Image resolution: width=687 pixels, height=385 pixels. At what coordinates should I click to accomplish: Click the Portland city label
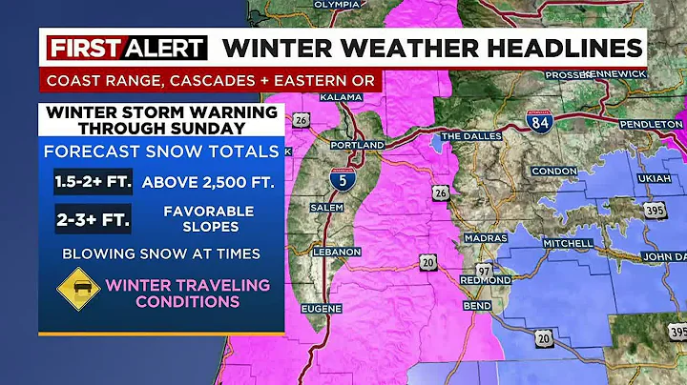point(357,145)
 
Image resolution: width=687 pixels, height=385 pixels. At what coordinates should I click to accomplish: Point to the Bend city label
point(478,306)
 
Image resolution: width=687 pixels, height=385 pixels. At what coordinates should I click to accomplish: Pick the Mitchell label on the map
point(568,243)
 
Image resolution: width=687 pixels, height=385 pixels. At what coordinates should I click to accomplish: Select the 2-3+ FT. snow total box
point(93,217)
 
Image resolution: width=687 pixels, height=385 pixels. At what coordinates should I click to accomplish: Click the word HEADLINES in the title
point(557,49)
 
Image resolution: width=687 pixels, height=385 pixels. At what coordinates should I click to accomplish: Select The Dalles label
point(466,136)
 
